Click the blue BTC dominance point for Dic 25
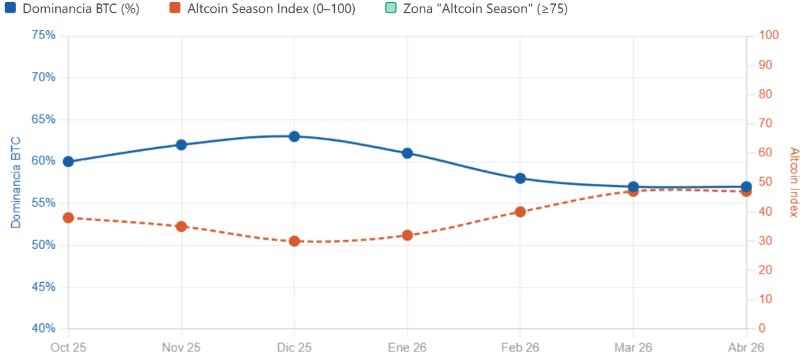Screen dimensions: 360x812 point(294,136)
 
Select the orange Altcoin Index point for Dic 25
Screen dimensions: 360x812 point(294,241)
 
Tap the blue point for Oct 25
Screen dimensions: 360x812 point(68,162)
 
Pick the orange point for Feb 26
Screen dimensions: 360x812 point(520,212)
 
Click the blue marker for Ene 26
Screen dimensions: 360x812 point(407,153)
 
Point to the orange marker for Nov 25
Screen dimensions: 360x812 point(181,226)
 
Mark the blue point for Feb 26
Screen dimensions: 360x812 point(520,178)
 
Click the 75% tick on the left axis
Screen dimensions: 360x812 point(44,35)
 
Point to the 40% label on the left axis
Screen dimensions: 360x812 point(44,329)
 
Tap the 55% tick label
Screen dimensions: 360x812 point(44,204)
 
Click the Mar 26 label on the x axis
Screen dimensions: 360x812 point(633,347)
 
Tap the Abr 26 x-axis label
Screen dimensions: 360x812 point(746,347)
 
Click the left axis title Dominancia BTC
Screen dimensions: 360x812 point(16,182)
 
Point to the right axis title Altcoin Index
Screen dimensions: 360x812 point(793,182)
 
